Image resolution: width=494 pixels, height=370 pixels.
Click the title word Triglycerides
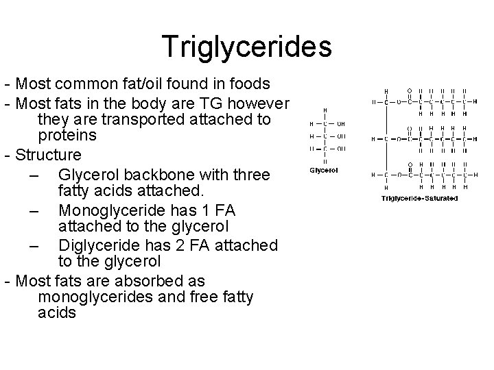coord(247,47)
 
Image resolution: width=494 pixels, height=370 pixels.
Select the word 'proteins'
coord(67,137)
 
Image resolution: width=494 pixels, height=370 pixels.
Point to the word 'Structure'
coord(48,155)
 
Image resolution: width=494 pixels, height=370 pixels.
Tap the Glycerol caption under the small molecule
coord(324,169)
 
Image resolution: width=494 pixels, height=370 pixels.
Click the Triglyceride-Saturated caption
coord(420,199)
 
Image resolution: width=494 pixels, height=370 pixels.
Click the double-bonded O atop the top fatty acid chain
coord(410,90)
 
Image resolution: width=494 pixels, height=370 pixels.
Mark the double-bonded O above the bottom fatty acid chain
coord(410,164)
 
